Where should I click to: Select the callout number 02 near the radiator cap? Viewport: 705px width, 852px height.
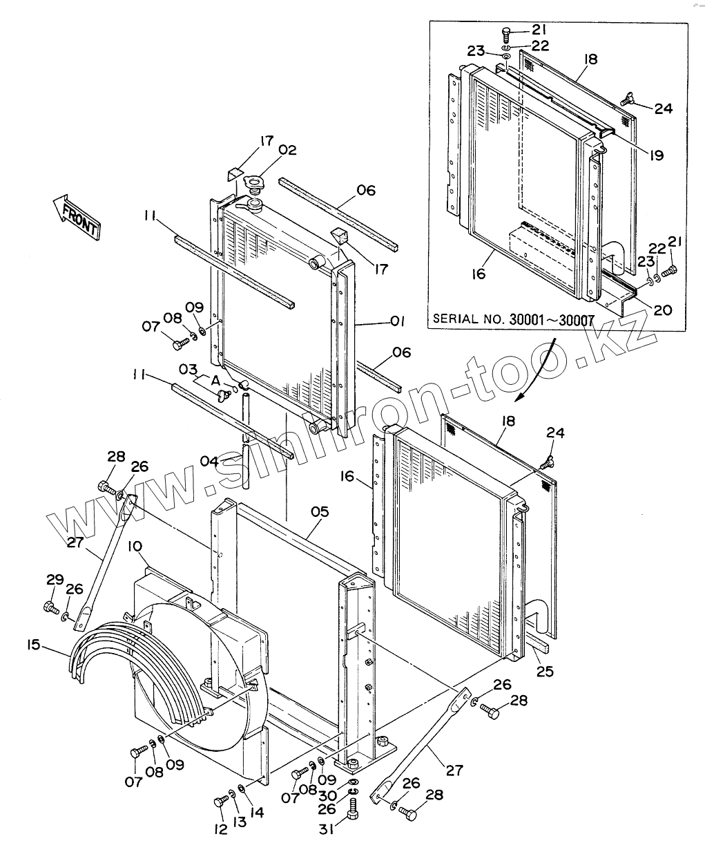288,150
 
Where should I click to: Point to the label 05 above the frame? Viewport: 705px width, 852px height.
319,512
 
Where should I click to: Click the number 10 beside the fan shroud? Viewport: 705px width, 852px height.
135,547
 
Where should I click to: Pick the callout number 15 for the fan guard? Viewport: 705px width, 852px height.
33,645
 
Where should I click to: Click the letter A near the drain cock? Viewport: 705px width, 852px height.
216,381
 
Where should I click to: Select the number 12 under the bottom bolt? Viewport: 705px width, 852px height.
220,829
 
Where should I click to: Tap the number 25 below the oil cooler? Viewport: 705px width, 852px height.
545,671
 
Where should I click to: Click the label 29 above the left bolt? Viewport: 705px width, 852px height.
55,579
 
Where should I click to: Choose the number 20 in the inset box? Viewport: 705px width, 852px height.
662,310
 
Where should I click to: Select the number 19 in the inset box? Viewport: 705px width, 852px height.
655,155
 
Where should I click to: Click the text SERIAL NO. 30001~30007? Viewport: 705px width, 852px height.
512,319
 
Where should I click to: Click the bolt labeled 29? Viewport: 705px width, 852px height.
50,607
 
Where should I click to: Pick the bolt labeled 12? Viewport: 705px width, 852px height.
220,802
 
